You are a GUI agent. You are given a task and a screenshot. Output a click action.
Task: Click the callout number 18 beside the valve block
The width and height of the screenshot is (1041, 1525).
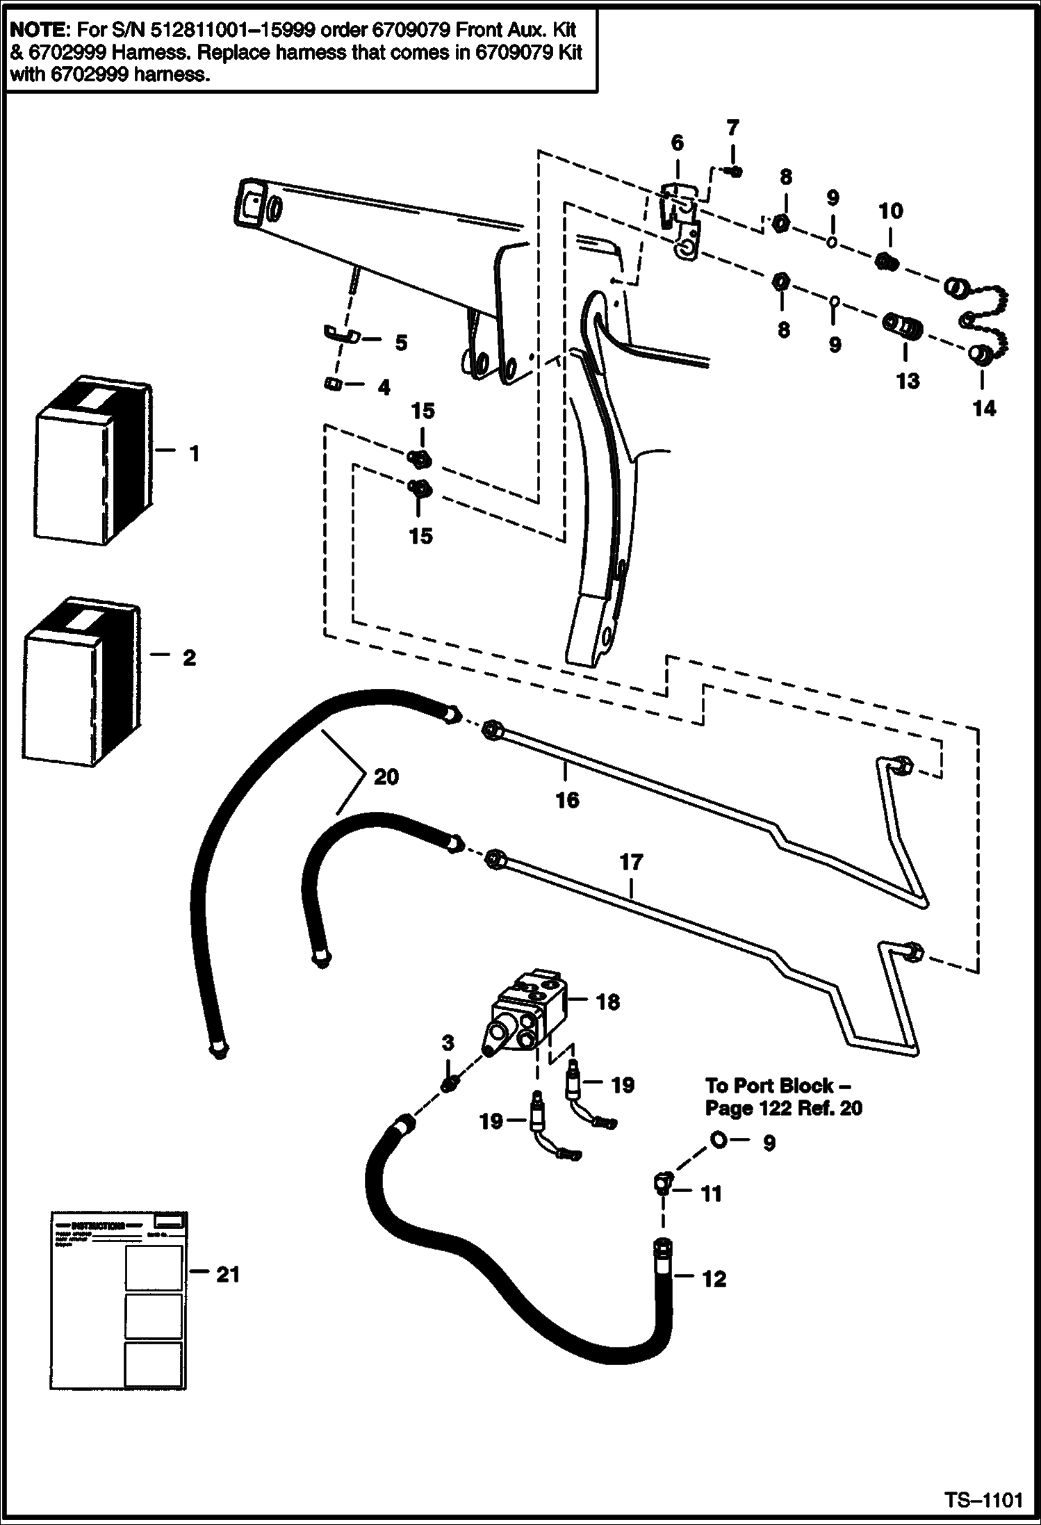coord(607,1002)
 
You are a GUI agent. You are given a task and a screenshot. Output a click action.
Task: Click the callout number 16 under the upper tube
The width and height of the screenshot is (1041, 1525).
coord(567,800)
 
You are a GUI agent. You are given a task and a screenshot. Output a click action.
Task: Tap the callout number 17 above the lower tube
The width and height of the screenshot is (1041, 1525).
coord(631,863)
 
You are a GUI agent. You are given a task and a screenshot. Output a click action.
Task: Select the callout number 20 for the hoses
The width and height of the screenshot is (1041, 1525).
coord(386,776)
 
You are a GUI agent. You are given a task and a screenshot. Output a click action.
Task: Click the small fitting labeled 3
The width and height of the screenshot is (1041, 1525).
coord(449,1083)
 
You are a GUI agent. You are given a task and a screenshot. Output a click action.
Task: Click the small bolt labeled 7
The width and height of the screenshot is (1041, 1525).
coord(734,172)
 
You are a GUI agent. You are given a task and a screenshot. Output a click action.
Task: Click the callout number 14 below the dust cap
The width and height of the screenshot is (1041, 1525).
coord(984,408)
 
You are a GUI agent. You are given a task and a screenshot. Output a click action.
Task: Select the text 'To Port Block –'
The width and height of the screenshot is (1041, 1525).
coord(778,1085)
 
